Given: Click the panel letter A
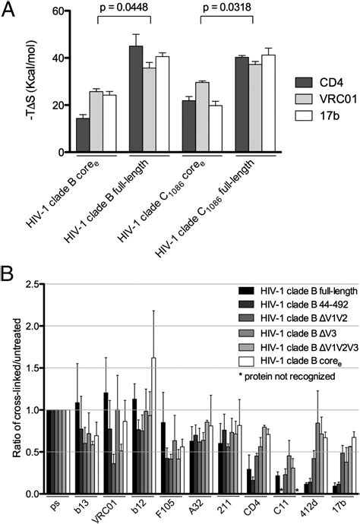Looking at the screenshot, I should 9,10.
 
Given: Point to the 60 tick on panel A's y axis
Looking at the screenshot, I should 44,10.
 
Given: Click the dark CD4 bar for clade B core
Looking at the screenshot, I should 61,135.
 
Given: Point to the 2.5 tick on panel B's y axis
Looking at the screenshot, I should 31,284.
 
